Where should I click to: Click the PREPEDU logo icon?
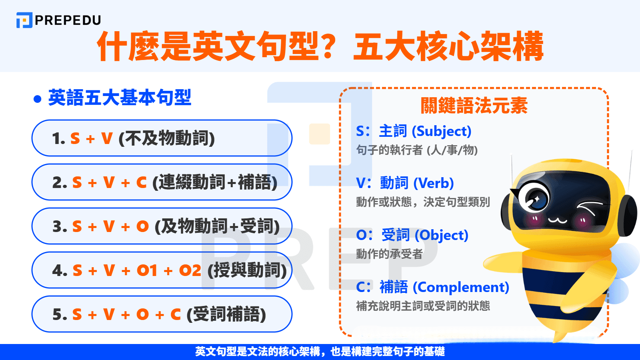click(x=24, y=20)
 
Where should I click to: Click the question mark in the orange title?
click(x=324, y=46)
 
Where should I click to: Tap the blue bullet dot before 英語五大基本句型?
click(x=38, y=99)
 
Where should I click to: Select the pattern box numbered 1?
click(x=162, y=138)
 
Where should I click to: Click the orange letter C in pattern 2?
click(x=141, y=182)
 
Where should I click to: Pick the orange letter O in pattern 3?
click(x=142, y=226)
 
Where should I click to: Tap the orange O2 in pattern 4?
click(x=190, y=270)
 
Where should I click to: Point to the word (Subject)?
click(x=442, y=131)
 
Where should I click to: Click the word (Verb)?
click(x=434, y=183)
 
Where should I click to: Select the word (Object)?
click(x=442, y=235)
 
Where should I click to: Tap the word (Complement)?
click(x=461, y=287)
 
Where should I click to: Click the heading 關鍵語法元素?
click(x=474, y=106)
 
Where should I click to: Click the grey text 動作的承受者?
click(x=389, y=254)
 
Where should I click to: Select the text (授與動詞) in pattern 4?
click(x=247, y=270)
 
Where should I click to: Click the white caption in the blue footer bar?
click(x=320, y=352)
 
